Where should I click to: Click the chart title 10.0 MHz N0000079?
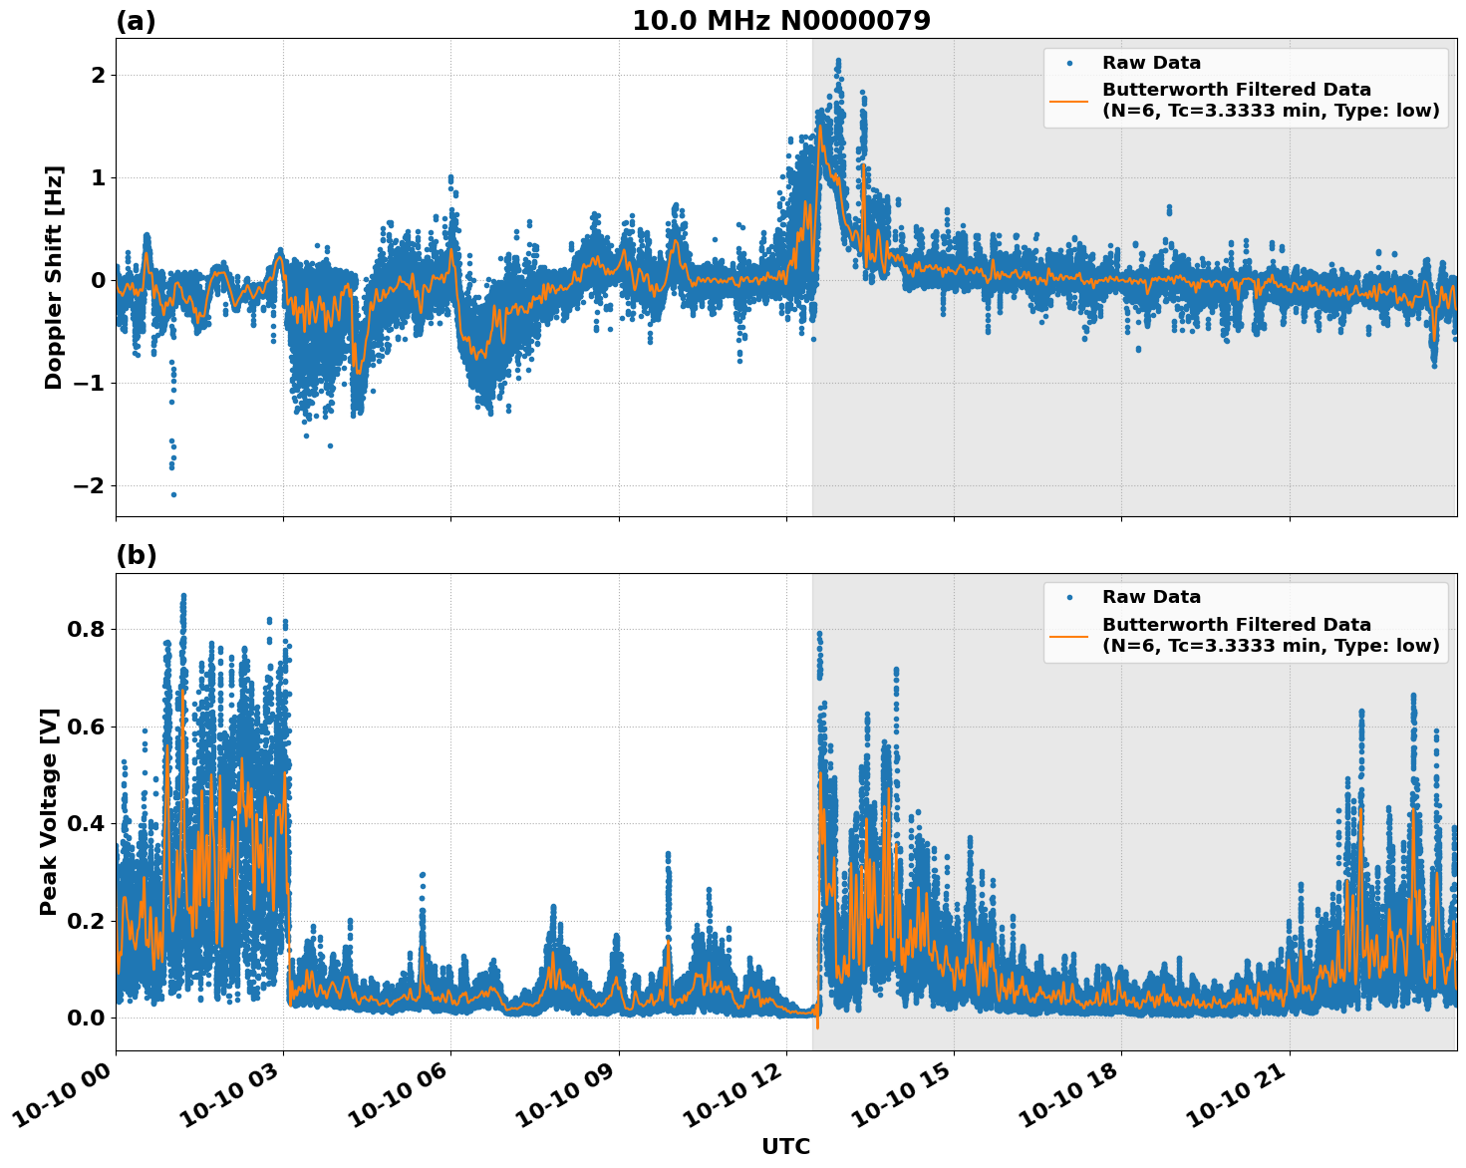click(780, 21)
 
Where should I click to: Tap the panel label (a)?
click(136, 21)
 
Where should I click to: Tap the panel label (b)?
click(136, 555)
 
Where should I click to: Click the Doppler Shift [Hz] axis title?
click(54, 277)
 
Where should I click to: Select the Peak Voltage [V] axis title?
click(49, 811)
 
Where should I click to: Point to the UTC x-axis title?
click(785, 1146)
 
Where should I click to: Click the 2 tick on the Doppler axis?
click(98, 76)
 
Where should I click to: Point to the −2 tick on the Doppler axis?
click(91, 485)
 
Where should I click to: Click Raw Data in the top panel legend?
click(1151, 63)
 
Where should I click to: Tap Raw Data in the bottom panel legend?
click(1151, 597)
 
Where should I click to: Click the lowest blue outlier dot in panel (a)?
click(173, 494)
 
